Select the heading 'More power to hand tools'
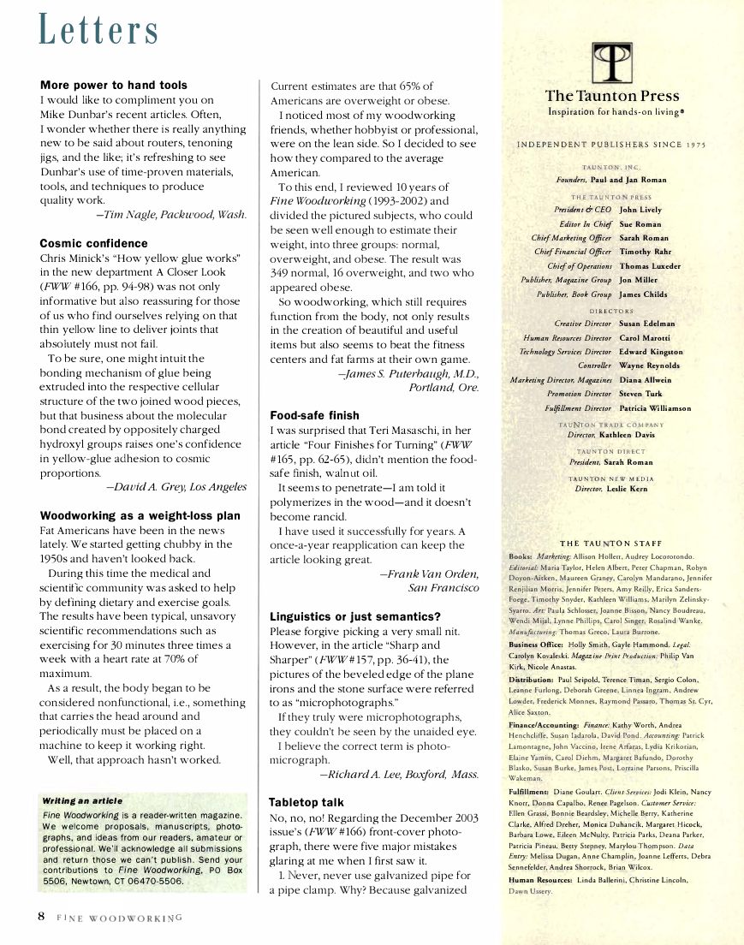point(114,86)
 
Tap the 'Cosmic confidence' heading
point(94,243)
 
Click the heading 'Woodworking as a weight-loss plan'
point(140,515)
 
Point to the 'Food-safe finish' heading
point(314,415)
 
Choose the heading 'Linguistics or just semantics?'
point(355,616)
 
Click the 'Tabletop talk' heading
point(307,802)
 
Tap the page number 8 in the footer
point(40,916)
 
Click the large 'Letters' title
point(99,32)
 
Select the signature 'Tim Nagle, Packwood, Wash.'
point(171,214)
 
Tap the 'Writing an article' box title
point(83,800)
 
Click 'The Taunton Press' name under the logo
point(612,96)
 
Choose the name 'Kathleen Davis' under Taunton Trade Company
point(634,435)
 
